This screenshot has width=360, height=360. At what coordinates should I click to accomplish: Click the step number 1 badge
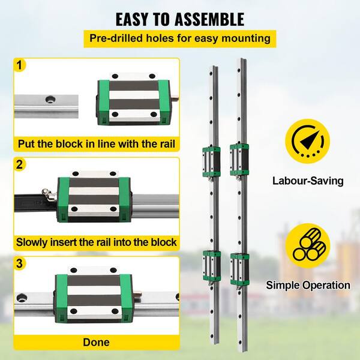click(x=21, y=65)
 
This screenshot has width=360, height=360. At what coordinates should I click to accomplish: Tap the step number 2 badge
click(x=21, y=164)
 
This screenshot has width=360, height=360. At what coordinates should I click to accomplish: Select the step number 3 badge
click(x=21, y=263)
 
